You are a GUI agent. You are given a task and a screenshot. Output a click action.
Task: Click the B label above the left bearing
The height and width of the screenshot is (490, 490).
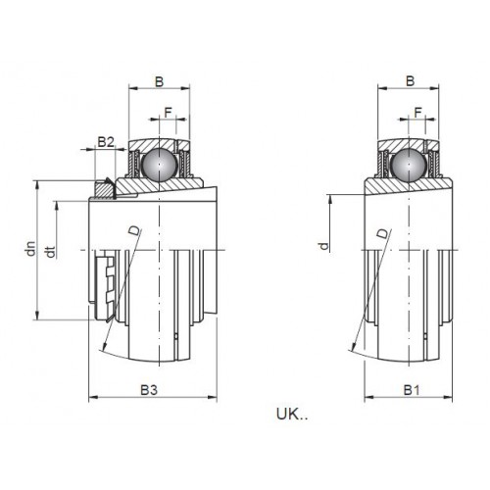[159, 81]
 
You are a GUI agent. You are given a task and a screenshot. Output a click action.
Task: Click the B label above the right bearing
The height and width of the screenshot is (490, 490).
[410, 81]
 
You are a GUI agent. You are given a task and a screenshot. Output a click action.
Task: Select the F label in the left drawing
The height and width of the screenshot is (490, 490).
[168, 113]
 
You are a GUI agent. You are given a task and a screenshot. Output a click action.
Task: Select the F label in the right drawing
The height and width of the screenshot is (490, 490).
[418, 113]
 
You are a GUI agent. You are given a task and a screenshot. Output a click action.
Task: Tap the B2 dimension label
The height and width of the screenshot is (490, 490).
[106, 142]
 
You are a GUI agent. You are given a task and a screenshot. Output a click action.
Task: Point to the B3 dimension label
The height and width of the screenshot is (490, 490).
[149, 390]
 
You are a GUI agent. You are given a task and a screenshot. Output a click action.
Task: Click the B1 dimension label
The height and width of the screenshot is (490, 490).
[412, 390]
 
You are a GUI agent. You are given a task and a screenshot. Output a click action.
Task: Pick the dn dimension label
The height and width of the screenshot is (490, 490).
[31, 249]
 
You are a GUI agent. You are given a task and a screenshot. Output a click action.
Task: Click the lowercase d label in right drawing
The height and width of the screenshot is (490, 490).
[323, 246]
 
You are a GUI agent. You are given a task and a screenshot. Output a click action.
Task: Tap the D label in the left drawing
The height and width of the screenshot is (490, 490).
[135, 230]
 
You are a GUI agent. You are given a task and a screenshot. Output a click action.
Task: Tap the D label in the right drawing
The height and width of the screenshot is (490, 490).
[383, 233]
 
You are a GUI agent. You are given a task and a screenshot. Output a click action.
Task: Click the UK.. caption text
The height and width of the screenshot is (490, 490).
[292, 415]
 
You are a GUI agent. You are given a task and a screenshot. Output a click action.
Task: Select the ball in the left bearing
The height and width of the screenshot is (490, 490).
[160, 164]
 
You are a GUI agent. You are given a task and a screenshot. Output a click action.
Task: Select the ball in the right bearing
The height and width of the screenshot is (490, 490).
[409, 165]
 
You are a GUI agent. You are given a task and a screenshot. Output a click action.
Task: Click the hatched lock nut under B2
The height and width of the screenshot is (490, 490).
[102, 190]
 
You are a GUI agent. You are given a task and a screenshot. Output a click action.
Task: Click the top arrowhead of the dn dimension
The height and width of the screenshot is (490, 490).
[37, 185]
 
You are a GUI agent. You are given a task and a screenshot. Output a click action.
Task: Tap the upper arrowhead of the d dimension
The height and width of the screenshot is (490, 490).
[330, 200]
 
